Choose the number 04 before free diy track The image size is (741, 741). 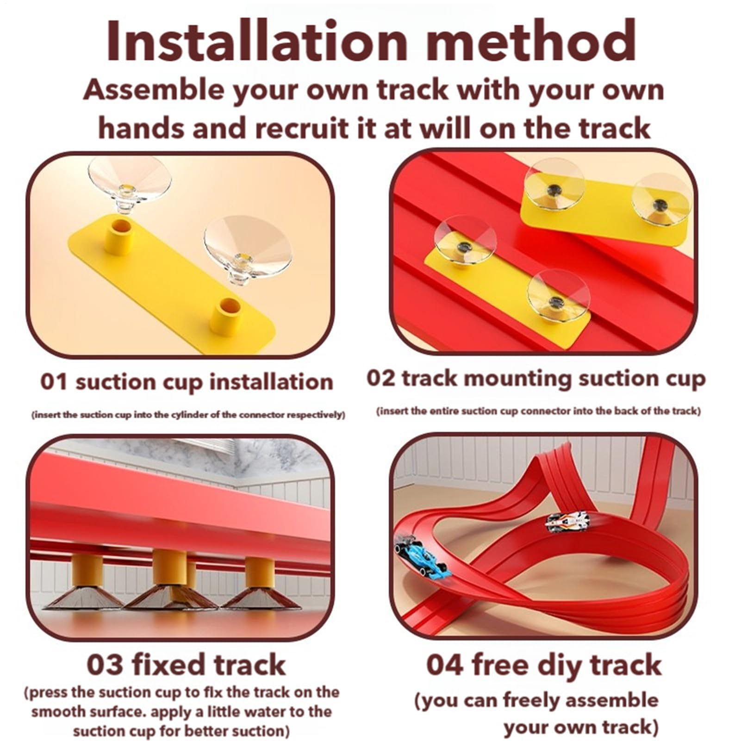[444, 665]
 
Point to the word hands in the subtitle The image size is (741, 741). [140, 128]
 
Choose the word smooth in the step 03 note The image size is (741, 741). [58, 711]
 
